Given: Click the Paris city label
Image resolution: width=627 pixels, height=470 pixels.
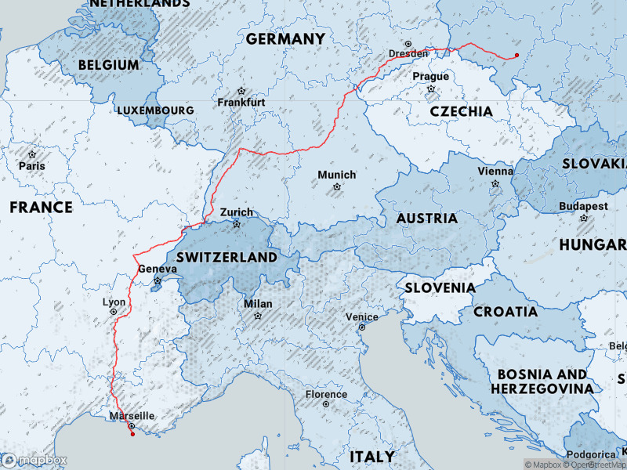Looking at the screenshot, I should pyautogui.click(x=32, y=166).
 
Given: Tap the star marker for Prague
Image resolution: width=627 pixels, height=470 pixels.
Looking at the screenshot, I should pyautogui.click(x=430, y=89).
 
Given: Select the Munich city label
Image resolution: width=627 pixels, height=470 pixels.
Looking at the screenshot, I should pyautogui.click(x=337, y=175).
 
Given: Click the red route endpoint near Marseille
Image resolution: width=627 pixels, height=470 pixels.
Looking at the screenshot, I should pyautogui.click(x=132, y=434).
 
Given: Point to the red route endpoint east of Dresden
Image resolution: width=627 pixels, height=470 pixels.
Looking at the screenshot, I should pyautogui.click(x=516, y=55).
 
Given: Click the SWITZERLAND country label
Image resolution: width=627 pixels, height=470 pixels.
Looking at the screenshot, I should pyautogui.click(x=227, y=257).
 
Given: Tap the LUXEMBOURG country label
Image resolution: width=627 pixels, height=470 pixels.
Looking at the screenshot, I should pyautogui.click(x=155, y=110).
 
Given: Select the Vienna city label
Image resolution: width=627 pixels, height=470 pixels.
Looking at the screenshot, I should pyautogui.click(x=495, y=172).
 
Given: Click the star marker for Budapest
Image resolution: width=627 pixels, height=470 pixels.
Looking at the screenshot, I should pyautogui.click(x=584, y=218).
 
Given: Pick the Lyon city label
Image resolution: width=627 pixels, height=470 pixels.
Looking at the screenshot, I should pyautogui.click(x=114, y=302).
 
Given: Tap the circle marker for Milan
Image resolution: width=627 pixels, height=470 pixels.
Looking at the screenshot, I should pyautogui.click(x=258, y=316).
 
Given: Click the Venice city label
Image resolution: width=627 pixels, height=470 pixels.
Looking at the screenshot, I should pyautogui.click(x=362, y=317).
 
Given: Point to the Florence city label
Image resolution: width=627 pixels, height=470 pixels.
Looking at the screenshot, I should pyautogui.click(x=326, y=394).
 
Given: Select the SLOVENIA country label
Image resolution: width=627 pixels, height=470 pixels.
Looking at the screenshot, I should pyautogui.click(x=440, y=287).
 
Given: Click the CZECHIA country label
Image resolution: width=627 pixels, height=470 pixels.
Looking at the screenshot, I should pyautogui.click(x=461, y=111).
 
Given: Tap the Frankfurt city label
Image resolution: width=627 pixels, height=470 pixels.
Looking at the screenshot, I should pyautogui.click(x=241, y=103).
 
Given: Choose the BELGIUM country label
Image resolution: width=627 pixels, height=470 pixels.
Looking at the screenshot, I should pyautogui.click(x=109, y=64).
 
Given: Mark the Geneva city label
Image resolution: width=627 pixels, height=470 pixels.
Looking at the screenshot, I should pyautogui.click(x=158, y=269).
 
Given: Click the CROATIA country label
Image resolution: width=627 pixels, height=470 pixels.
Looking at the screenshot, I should pyautogui.click(x=505, y=312).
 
